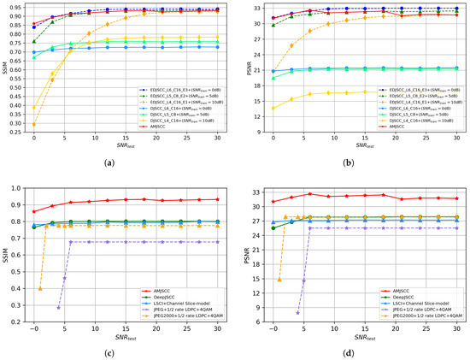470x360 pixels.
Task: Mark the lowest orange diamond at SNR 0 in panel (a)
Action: pos(34,125)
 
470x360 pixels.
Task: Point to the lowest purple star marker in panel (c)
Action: pos(59,307)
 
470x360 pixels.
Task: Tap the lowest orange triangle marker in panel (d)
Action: pos(279,279)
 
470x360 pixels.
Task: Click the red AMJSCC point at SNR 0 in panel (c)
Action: pos(34,211)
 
